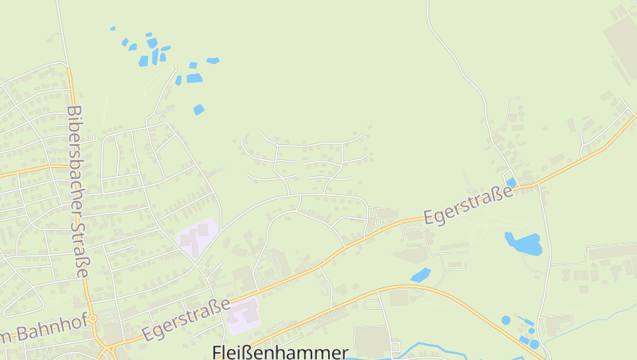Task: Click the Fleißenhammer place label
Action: pyautogui.click(x=280, y=351)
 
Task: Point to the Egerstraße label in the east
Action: pyautogui.click(x=467, y=205)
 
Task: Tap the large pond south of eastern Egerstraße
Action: pyautogui.click(x=524, y=243)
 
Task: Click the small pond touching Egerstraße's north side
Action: pyautogui.click(x=511, y=182)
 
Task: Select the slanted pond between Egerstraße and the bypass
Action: pyautogui.click(x=420, y=275)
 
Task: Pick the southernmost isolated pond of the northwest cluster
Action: pyautogui.click(x=198, y=109)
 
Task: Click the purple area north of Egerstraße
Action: pyautogui.click(x=196, y=237)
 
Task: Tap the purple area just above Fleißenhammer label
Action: pyautogui.click(x=244, y=317)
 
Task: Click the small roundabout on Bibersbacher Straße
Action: pyautogui.click(x=92, y=319)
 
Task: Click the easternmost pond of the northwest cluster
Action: pyautogui.click(x=213, y=61)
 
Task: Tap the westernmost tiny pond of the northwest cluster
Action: pyautogui.click(x=112, y=29)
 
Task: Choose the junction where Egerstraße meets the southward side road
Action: pyautogui.click(x=538, y=186)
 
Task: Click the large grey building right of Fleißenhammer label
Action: pyautogui.click(x=369, y=342)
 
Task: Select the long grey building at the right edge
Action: pyautogui.click(x=613, y=252)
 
